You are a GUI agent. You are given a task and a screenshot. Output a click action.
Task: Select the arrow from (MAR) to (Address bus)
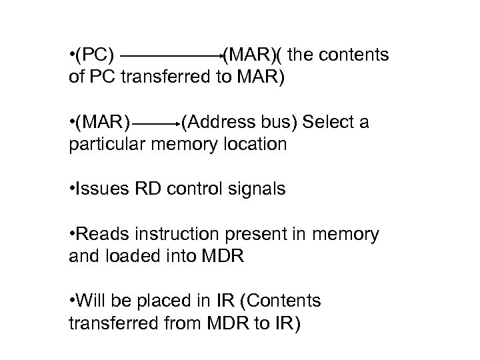coord(157,124)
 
